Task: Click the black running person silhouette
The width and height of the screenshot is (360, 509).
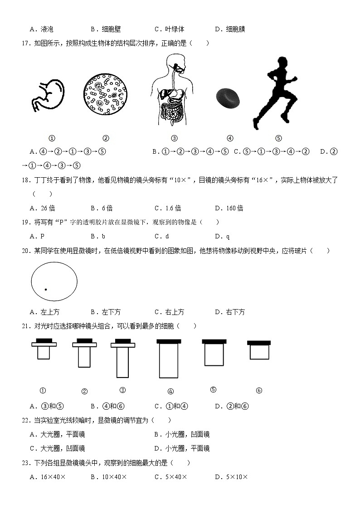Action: tap(274, 93)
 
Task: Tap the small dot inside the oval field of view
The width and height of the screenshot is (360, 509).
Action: tap(46, 289)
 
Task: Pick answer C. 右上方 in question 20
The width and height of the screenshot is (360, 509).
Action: tap(169, 312)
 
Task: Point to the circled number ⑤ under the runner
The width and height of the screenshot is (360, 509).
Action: tap(278, 138)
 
